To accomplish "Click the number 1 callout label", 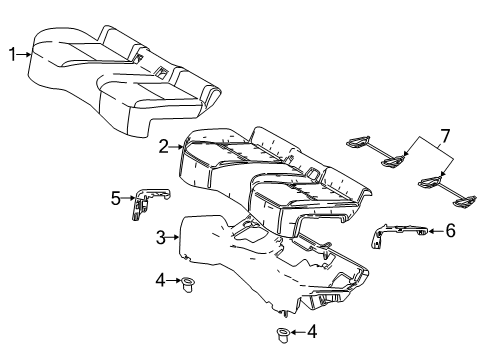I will [13, 56].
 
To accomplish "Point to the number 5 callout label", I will [115, 198].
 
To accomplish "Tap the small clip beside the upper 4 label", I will [187, 285].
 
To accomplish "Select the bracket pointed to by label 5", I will [146, 201].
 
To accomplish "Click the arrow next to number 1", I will [26, 56].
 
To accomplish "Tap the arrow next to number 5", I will [127, 198].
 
